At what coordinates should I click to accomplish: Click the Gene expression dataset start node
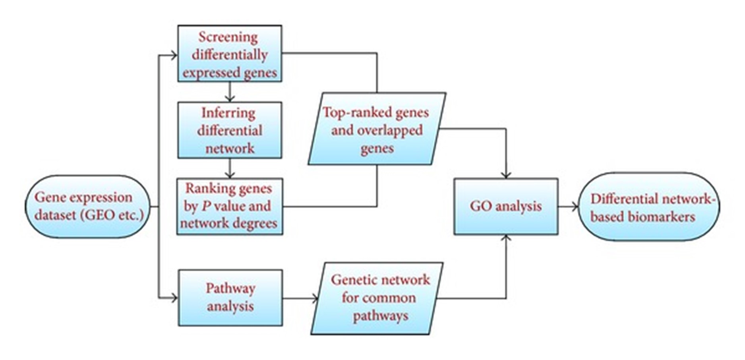pyautogui.click(x=87, y=207)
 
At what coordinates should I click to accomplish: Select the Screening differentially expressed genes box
pyautogui.click(x=230, y=54)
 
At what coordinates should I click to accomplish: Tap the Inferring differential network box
pyautogui.click(x=230, y=130)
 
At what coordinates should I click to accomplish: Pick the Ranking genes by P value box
pyautogui.click(x=230, y=206)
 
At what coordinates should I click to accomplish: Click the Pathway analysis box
pyautogui.click(x=230, y=298)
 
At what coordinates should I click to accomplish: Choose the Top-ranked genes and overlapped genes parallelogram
pyautogui.click(x=377, y=129)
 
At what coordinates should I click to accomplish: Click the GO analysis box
pyautogui.click(x=506, y=206)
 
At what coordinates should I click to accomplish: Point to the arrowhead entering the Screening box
pyautogui.click(x=174, y=55)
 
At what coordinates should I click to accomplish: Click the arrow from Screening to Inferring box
pyautogui.click(x=230, y=92)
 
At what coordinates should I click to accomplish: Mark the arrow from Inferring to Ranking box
pyautogui.click(x=230, y=168)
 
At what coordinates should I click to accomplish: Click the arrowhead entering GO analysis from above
pyautogui.click(x=506, y=175)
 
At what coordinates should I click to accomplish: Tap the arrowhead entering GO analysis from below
pyautogui.click(x=506, y=238)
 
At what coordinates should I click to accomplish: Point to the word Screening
pyautogui.click(x=228, y=37)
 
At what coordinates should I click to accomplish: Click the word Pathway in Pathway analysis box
pyautogui.click(x=230, y=288)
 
